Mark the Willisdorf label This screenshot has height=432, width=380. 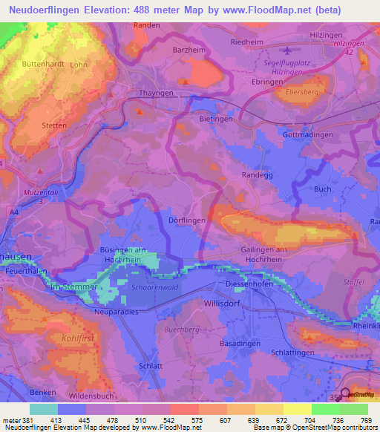pyautogui.click(x=223, y=304)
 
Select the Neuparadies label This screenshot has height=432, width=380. pyautogui.click(x=117, y=312)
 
